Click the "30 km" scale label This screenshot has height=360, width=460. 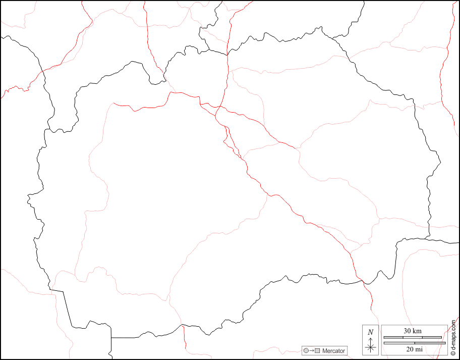point(413,331)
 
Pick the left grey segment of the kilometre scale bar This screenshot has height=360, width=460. point(393,337)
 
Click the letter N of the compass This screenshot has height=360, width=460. point(371,332)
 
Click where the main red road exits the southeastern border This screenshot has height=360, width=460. point(361,281)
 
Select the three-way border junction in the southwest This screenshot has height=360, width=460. point(111,337)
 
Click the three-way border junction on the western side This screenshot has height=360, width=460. point(51,290)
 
